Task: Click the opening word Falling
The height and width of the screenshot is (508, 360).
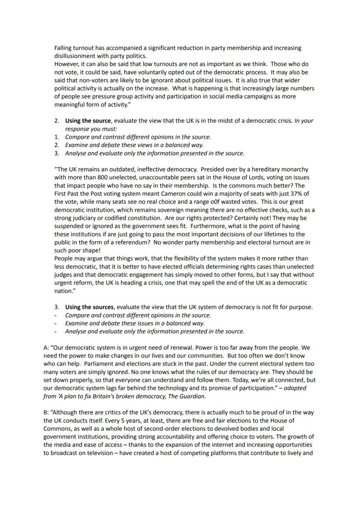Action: [x=64, y=48]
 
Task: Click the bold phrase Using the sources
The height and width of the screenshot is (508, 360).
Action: [x=90, y=307]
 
